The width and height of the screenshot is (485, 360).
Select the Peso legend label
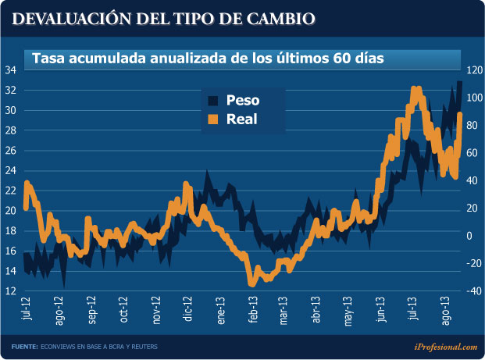click(x=242, y=100)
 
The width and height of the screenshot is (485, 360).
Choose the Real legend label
click(x=241, y=119)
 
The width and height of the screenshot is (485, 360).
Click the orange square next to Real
click(x=212, y=119)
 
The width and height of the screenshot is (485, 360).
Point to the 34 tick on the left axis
click(x=11, y=70)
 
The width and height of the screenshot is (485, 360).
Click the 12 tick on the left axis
click(x=11, y=291)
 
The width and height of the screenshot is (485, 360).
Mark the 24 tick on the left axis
click(x=11, y=171)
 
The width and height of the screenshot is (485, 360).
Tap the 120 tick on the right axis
click(x=473, y=70)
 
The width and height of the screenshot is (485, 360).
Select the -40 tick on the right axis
click(x=473, y=291)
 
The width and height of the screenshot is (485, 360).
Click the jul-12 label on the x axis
click(x=27, y=308)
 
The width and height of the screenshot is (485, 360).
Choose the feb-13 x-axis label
click(x=253, y=309)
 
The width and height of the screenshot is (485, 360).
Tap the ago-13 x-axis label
click(x=446, y=309)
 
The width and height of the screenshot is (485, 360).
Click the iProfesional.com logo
click(x=446, y=346)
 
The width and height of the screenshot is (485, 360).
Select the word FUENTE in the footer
click(x=24, y=347)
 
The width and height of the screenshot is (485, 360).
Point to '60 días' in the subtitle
click(x=355, y=59)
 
